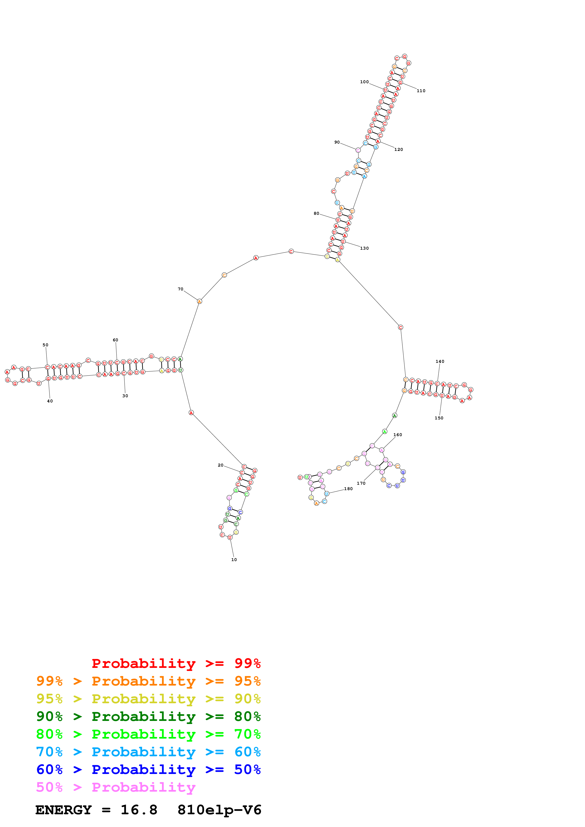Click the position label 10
[234, 559]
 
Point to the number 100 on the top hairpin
[364, 82]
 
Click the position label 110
[421, 91]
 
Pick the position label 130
[364, 248]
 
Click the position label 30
[125, 396]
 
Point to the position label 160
[398, 435]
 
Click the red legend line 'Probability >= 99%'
[176, 663]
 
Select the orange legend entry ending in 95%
[148, 681]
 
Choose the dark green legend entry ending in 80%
[148, 716]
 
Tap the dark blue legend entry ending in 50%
[148, 769]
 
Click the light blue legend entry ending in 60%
[148, 752]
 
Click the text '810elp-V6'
[219, 810]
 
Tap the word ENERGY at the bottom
[63, 810]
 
